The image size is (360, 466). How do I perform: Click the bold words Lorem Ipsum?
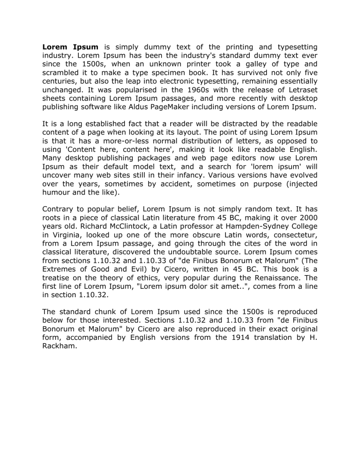pos(70,47)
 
